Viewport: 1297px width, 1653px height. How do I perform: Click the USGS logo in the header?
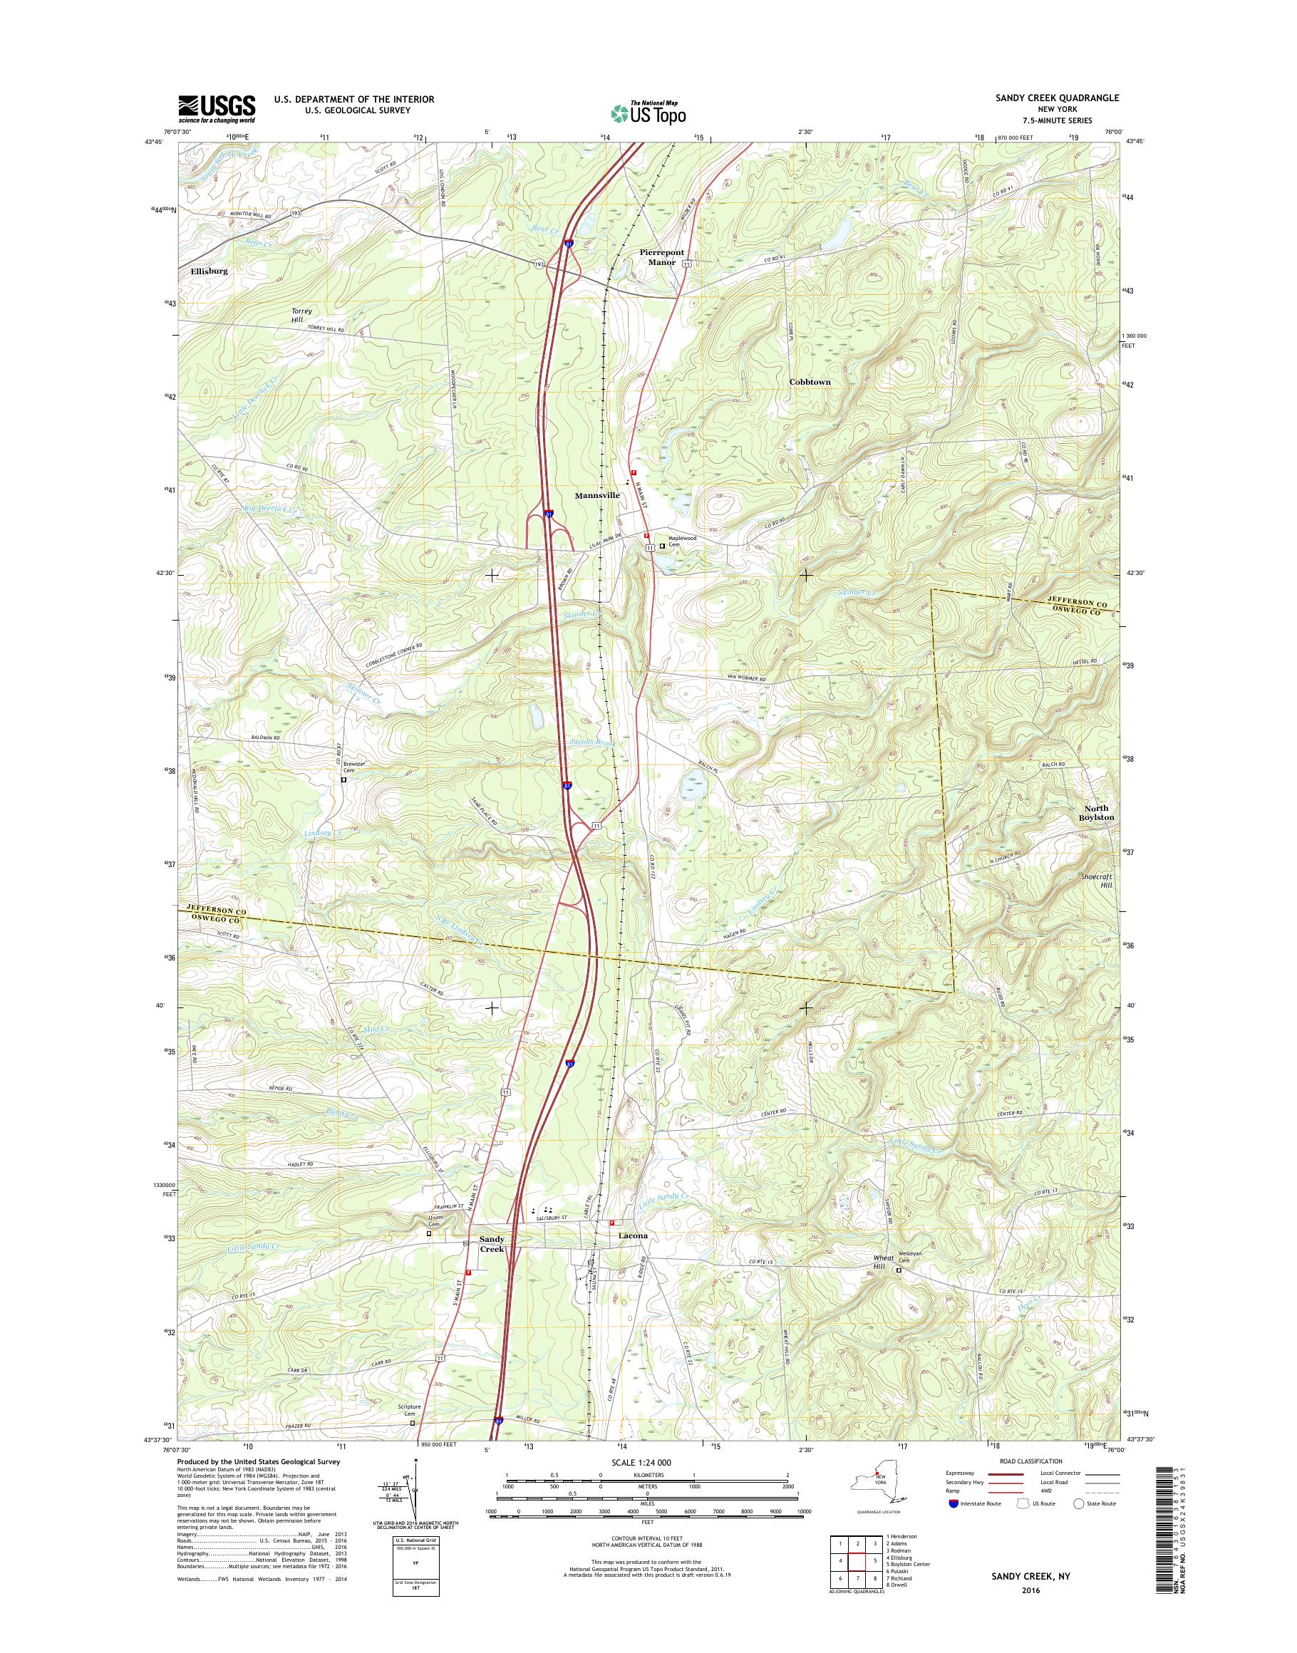pyautogui.click(x=217, y=108)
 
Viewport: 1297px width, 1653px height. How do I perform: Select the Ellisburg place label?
pyautogui.click(x=203, y=270)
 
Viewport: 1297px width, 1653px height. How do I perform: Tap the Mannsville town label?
pyautogui.click(x=597, y=495)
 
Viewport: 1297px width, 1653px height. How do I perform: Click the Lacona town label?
pyautogui.click(x=633, y=1257)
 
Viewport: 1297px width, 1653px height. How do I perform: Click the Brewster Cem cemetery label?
pyautogui.click(x=354, y=766)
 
